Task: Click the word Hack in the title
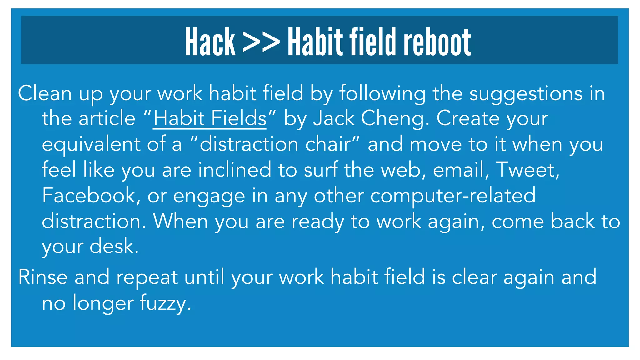coord(210,42)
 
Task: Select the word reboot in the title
coord(437,42)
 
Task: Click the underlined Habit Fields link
coord(210,118)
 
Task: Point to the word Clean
coord(45,93)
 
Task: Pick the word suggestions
coord(526,94)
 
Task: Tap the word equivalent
coord(91,144)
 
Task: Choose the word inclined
coord(234,170)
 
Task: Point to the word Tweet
coord(527,170)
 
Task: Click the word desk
coord(114,246)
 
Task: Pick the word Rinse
coord(43,277)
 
